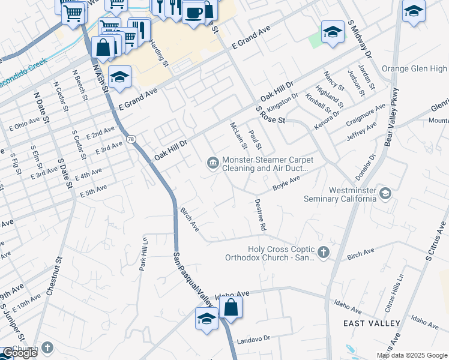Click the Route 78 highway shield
tap(131, 139)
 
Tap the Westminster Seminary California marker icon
tap(385, 193)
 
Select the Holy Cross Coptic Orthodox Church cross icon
tap(324, 253)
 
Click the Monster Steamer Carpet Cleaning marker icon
tap(212, 164)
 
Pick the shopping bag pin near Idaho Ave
tap(231, 308)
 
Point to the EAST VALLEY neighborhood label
tap(372, 323)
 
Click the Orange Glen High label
tap(414, 69)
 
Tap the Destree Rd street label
tap(260, 215)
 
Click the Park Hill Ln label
tap(144, 254)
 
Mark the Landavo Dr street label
tap(254, 338)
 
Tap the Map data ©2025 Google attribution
tap(412, 355)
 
